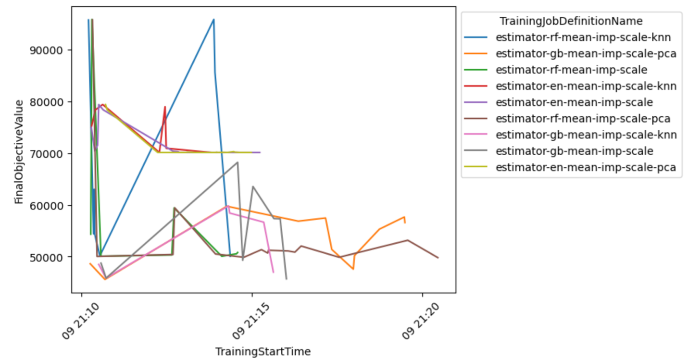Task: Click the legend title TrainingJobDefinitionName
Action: (571, 21)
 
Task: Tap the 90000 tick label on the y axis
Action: (50, 50)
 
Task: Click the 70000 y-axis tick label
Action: (50, 154)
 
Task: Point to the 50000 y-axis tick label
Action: (50, 257)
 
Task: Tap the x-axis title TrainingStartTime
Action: (263, 351)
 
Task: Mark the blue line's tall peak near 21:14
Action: (213, 19)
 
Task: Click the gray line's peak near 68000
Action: (238, 162)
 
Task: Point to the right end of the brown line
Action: (438, 258)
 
